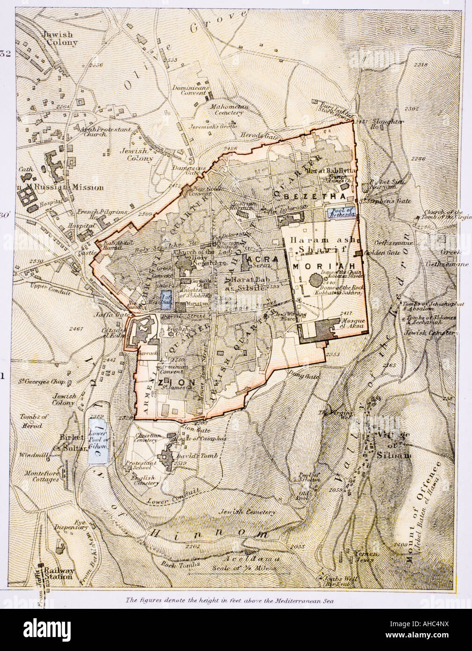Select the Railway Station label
coord(58,573)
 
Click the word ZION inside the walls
coord(170,383)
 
